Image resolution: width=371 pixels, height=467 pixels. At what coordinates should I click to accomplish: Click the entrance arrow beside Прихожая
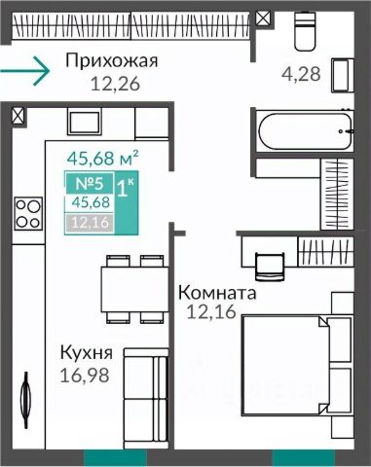pos(24,71)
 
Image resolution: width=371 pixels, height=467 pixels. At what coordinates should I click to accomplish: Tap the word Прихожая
pos(112,60)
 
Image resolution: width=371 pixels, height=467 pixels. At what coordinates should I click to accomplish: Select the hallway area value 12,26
pos(115,84)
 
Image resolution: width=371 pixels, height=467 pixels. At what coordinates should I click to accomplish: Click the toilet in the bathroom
pos(305,31)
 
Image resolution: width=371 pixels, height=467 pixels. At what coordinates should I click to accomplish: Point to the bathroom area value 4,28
pos(301,74)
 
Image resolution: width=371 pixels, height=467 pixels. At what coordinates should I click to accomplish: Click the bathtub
pos(305,131)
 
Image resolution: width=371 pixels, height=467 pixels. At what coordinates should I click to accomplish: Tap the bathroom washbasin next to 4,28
pos(343,75)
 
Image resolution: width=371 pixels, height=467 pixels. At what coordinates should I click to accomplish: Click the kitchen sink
pos(85,121)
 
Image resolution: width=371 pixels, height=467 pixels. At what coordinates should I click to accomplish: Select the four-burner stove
pos(28,213)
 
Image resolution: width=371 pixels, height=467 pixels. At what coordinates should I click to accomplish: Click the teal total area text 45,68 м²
pos(102,159)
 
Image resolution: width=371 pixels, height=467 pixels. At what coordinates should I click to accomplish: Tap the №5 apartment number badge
pos(90,184)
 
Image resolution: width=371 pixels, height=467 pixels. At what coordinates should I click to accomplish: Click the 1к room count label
pos(125,188)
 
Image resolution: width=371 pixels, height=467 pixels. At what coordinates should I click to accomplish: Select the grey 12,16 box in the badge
pos(90,223)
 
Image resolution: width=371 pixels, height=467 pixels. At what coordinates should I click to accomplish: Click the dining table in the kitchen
pos(134,289)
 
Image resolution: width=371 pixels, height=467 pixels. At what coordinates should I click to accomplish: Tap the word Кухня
pos(87,353)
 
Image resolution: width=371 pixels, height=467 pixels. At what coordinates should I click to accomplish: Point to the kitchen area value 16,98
pos(85,376)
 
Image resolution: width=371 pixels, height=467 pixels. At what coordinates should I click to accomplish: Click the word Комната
pos(217,293)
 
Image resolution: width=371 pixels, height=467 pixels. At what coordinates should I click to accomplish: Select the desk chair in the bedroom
pos(270,267)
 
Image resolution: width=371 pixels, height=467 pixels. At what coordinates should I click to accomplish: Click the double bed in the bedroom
pos(297,365)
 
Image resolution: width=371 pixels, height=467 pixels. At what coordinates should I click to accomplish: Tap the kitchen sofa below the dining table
pos(146,395)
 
